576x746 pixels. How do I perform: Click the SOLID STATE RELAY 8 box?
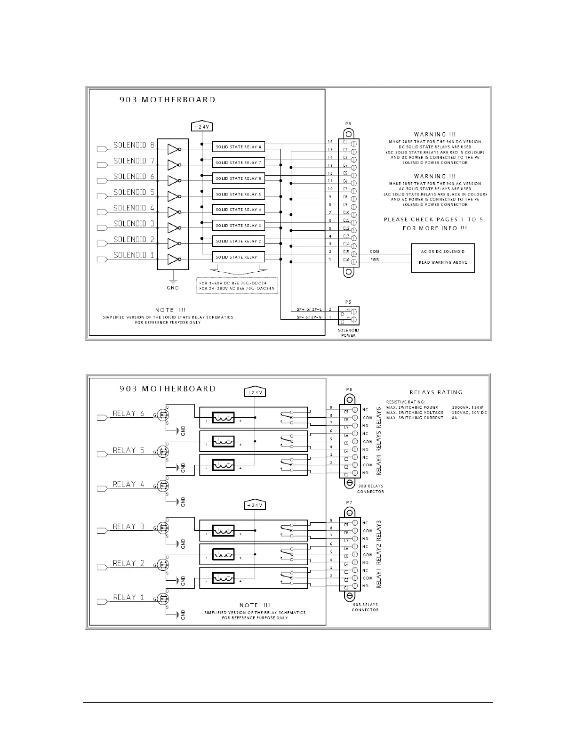(238, 147)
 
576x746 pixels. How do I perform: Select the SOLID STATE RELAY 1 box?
(238, 257)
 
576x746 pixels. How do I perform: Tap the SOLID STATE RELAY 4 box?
(238, 210)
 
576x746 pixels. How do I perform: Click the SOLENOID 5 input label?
(134, 192)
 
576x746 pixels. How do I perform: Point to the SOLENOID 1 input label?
(134, 255)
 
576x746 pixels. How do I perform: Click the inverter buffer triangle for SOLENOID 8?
(173, 150)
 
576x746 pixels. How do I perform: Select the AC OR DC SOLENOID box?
(443, 258)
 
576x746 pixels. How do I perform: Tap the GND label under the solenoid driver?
(173, 288)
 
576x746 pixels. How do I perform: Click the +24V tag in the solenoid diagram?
(201, 127)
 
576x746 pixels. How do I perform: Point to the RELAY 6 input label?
(128, 414)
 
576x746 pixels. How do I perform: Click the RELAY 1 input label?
(128, 597)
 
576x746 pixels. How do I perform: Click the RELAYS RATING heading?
(436, 392)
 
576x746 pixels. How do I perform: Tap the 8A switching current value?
(454, 418)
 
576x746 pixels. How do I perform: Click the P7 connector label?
(349, 503)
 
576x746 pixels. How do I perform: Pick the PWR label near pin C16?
(375, 259)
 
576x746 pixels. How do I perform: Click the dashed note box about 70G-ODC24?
(237, 285)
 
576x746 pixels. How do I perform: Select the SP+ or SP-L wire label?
(309, 309)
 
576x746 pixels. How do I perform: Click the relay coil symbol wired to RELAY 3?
(223, 531)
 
